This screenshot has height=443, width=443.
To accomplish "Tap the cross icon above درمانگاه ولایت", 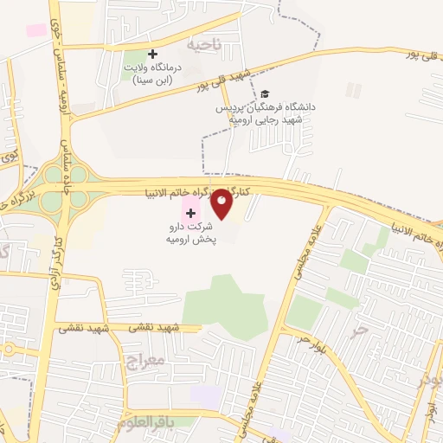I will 153,54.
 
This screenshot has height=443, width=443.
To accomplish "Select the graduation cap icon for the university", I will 265,93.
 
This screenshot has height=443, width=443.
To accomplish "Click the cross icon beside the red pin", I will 190,212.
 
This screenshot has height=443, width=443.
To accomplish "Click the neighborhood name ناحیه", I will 204,42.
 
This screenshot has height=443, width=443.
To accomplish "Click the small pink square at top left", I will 36,30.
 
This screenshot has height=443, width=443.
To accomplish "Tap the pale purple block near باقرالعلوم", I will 206,396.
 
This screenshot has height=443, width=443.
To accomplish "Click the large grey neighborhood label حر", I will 349,330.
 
